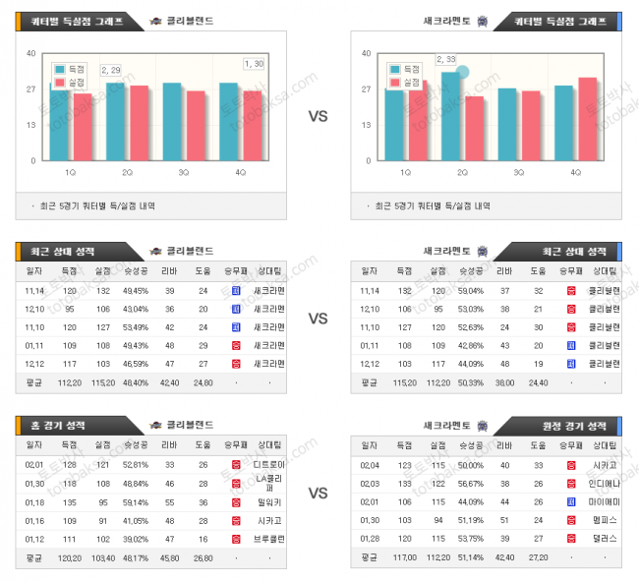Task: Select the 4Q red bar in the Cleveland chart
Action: pyautogui.click(x=253, y=125)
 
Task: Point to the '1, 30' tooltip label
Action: pyautogui.click(x=254, y=64)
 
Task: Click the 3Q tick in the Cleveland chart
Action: pyautogui.click(x=184, y=173)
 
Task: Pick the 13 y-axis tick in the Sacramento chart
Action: pyautogui.click(x=366, y=125)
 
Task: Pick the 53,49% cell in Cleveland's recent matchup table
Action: pyautogui.click(x=137, y=326)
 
